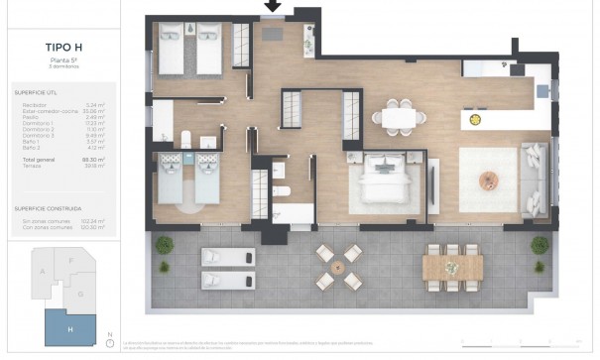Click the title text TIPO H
click(x=62, y=45)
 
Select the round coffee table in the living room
click(x=492, y=180)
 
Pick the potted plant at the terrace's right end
click(x=540, y=244)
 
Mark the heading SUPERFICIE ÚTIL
click(x=37, y=91)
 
